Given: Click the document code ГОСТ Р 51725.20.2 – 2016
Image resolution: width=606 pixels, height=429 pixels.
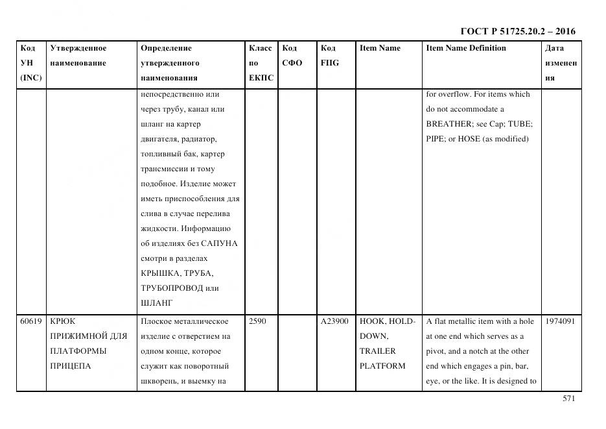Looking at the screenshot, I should pos(517,31).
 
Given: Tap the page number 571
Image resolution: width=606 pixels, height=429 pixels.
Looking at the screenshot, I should pos(568,399).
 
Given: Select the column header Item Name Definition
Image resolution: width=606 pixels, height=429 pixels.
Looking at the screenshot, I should pos(466,48).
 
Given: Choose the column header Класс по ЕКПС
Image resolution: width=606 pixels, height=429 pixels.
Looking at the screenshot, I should pos(261,63).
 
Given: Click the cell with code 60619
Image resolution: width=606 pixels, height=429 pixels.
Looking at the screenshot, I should pos(31,321).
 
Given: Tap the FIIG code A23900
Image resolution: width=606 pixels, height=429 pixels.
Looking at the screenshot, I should pos(334,321).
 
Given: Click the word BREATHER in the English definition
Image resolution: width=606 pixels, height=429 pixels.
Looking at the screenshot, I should pos(445,124).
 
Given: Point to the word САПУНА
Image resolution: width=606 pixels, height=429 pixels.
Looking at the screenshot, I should pos(219,243).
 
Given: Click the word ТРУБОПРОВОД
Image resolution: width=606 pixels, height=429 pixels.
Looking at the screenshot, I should pos(171,288).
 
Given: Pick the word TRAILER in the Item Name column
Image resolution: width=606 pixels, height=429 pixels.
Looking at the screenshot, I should pos(377,351).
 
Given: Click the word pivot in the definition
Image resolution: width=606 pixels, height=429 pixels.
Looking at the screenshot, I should pos(437,351).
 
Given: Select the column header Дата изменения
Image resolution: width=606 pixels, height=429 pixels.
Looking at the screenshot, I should pos(561,63).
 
